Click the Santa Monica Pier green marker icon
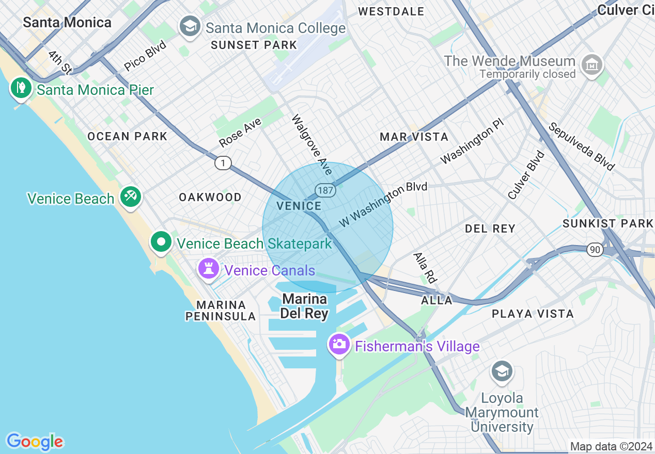tap(21, 88)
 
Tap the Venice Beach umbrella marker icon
tap(130, 197)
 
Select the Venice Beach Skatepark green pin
tap(161, 242)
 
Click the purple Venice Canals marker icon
tap(209, 269)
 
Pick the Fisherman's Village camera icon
tap(339, 345)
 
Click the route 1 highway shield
tap(223, 163)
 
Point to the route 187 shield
tap(326, 190)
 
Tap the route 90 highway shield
tap(595, 250)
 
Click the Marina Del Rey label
tap(304, 306)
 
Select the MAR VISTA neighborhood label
tap(414, 137)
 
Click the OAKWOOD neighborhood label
tap(210, 197)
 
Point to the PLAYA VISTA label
tap(533, 314)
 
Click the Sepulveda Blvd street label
tap(582, 147)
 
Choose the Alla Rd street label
tap(425, 267)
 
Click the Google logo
tap(35, 442)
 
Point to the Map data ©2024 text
tap(610, 446)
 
